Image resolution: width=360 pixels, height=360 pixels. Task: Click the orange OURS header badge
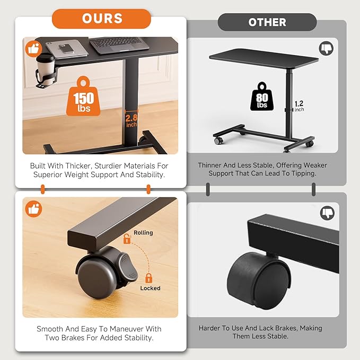(101, 19)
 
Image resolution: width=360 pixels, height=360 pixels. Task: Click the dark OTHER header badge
(267, 22)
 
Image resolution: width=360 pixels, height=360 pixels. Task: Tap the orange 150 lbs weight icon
(83, 96)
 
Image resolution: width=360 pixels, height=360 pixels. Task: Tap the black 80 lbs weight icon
(262, 96)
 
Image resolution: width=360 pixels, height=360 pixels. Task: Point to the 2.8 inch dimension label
(131, 120)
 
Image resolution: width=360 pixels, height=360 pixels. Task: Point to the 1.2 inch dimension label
(299, 106)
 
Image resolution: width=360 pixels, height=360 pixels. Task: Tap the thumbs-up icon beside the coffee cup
(33, 48)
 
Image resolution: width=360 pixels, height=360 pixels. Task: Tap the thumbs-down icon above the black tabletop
(326, 48)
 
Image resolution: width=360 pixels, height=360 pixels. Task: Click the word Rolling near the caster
(143, 233)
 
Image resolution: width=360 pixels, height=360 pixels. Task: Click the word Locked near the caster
(151, 288)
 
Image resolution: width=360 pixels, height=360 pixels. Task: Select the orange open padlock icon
(127, 239)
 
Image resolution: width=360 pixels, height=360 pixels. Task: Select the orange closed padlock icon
(149, 278)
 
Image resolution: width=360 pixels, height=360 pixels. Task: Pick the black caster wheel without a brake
(259, 279)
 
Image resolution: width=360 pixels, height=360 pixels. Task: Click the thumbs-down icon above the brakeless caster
(327, 213)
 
